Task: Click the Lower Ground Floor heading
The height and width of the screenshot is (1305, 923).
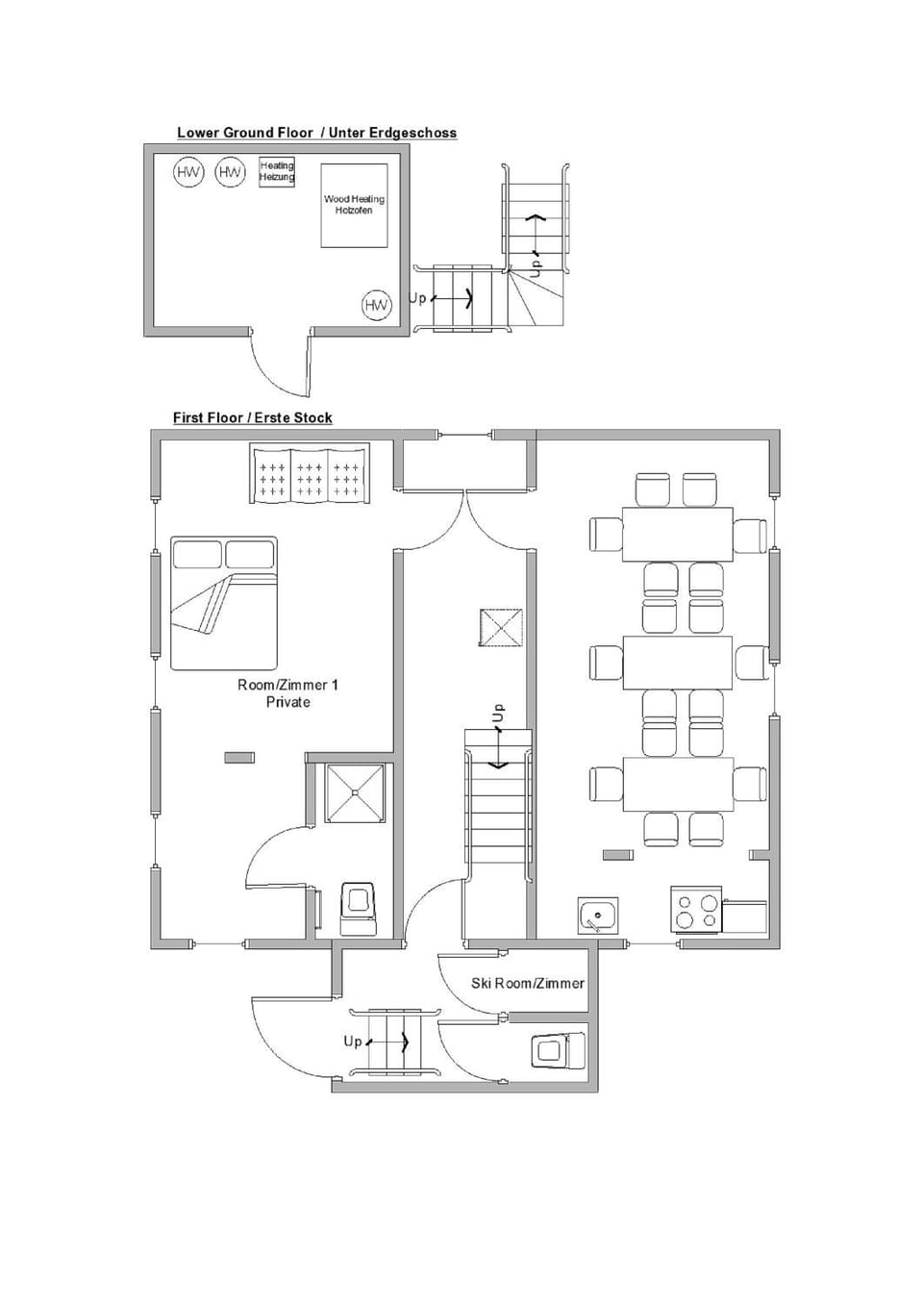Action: [x=316, y=133]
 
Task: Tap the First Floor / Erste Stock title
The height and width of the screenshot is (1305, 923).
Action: [x=253, y=417]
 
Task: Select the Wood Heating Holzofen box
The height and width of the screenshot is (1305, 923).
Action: [x=354, y=205]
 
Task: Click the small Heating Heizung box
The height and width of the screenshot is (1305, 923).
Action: [x=277, y=172]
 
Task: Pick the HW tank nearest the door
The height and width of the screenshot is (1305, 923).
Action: [x=377, y=305]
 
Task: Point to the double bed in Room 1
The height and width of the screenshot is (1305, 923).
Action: [x=224, y=603]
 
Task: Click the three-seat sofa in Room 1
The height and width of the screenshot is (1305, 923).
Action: [x=310, y=472]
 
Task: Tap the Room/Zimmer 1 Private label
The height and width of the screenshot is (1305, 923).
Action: [x=287, y=692]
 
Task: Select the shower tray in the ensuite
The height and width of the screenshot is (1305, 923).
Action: [x=355, y=792]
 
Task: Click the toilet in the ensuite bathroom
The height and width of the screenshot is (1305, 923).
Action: [x=358, y=909]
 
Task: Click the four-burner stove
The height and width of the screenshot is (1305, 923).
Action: [x=696, y=911]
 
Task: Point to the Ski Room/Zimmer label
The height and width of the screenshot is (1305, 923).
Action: [x=528, y=984]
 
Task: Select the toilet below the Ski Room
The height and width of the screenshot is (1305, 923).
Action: [x=558, y=1051]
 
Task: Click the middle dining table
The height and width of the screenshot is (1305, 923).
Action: [x=677, y=663]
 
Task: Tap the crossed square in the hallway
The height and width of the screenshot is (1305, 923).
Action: [x=501, y=627]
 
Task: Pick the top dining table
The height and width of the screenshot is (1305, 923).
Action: [x=677, y=535]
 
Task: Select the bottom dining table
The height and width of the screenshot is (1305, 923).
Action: [x=677, y=784]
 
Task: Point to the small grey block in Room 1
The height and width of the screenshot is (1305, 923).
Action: [x=239, y=757]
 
